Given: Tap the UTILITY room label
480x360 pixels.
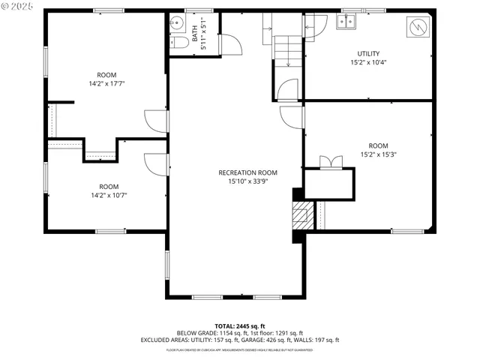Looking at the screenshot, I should [x=368, y=53].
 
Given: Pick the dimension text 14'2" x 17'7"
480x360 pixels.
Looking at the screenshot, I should [x=106, y=84].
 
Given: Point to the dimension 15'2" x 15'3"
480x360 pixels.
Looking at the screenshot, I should [x=378, y=155].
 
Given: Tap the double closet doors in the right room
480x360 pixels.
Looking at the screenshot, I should [x=330, y=162].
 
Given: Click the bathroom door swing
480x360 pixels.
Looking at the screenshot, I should [x=232, y=43].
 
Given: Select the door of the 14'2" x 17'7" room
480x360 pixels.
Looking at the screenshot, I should [x=156, y=122].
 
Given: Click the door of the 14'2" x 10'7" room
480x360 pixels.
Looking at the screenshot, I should [x=156, y=164].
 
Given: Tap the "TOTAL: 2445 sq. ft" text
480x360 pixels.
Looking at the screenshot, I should [x=240, y=325].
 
